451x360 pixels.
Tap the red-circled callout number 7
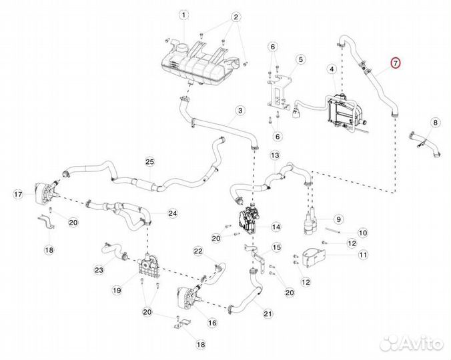395,64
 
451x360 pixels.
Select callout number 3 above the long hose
240,111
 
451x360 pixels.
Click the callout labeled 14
276,227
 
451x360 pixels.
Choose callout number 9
338,218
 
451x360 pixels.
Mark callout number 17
19,194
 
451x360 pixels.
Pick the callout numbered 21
268,313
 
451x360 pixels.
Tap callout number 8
435,123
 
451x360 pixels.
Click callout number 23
99,270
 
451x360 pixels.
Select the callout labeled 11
363,254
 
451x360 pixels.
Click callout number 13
275,155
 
